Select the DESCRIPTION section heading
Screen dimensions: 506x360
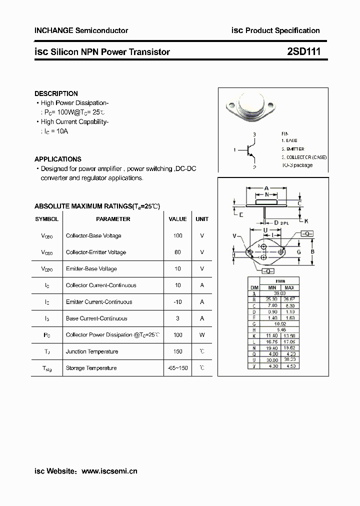(56, 93)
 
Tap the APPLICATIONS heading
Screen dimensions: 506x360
(58, 159)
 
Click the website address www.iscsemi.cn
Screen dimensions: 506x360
(109, 471)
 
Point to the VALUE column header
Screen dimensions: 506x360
(177, 219)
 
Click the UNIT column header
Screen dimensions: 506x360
(202, 219)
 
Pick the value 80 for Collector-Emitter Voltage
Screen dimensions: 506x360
(177, 252)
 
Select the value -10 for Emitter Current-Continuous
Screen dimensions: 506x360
(177, 301)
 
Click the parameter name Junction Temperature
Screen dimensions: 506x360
(92, 351)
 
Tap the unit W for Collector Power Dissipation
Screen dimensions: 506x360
(202, 335)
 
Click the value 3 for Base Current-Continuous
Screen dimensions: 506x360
(177, 318)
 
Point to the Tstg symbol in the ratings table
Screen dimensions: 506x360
(47, 368)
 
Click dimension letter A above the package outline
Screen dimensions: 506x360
(266, 188)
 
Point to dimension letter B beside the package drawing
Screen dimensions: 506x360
(312, 251)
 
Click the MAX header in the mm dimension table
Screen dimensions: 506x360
(289, 288)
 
